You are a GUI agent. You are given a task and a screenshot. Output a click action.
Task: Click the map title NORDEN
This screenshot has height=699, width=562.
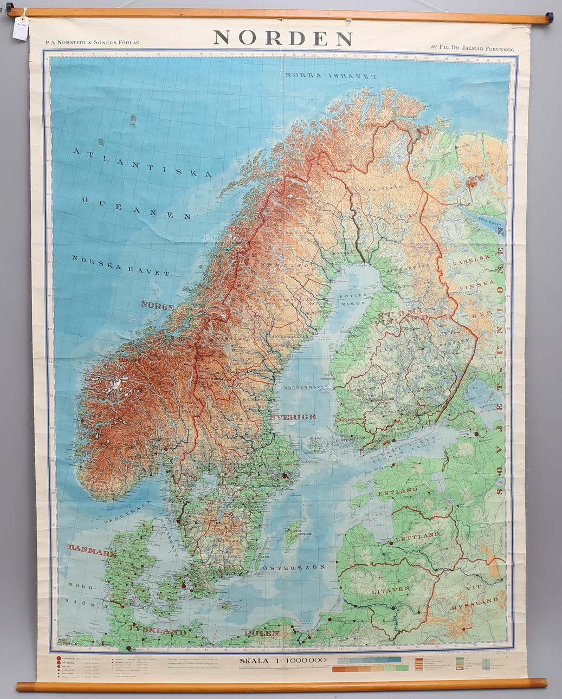283,38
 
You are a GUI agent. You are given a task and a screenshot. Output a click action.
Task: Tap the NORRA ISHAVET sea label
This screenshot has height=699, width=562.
331,76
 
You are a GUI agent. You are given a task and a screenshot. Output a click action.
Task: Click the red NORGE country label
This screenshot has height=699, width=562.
157,306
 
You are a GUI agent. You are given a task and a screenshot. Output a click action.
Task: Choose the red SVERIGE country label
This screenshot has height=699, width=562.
293,417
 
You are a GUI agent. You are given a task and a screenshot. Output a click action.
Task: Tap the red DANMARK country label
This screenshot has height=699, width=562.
92,547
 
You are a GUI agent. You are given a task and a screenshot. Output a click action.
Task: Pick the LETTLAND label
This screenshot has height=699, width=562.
416,535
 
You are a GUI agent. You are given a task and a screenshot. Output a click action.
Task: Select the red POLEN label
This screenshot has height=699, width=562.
262,633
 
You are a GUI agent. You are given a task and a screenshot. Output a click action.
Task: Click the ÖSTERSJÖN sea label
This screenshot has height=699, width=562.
294,567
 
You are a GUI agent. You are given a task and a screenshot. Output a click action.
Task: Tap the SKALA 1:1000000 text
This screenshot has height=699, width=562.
282,660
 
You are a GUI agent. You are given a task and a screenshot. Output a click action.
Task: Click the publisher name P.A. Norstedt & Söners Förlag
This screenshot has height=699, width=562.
93,42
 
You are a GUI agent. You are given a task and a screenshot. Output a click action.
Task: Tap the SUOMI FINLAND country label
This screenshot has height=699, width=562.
403,316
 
